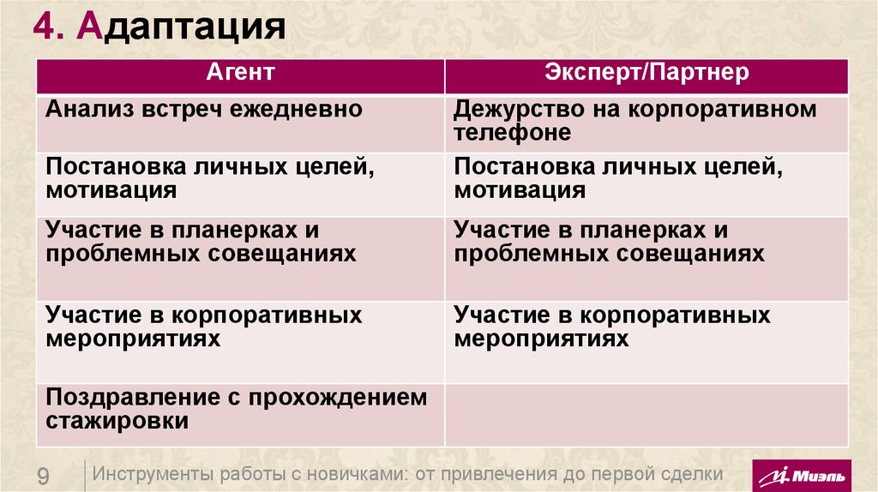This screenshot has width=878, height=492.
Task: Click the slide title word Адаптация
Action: click(180, 27)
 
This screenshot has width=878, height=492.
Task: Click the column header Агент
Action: click(240, 73)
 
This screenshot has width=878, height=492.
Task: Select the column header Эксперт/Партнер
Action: click(646, 73)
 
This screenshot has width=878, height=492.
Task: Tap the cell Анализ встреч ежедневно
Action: click(205, 110)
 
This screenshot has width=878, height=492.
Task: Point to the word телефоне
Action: click(513, 133)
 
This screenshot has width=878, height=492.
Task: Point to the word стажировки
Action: click(117, 422)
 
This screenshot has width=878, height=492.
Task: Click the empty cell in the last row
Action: click(646, 414)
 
